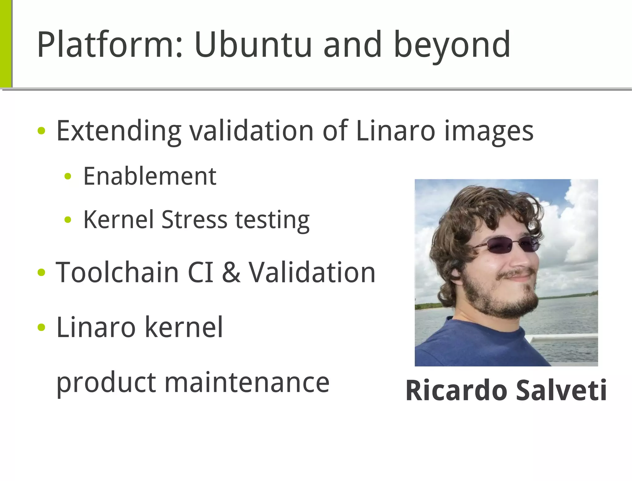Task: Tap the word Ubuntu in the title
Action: [253, 45]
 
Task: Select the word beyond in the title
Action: [452, 46]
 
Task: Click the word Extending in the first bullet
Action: [119, 131]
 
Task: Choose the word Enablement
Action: [150, 176]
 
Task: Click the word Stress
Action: [194, 220]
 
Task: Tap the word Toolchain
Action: [117, 272]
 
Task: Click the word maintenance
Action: [247, 383]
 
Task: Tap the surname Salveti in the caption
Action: [561, 391]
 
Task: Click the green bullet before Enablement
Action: [68, 177]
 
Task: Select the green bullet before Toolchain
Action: [41, 273]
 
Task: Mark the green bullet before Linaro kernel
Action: [41, 327]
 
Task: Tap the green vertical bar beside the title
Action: [6, 43]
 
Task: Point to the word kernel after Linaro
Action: [184, 327]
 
